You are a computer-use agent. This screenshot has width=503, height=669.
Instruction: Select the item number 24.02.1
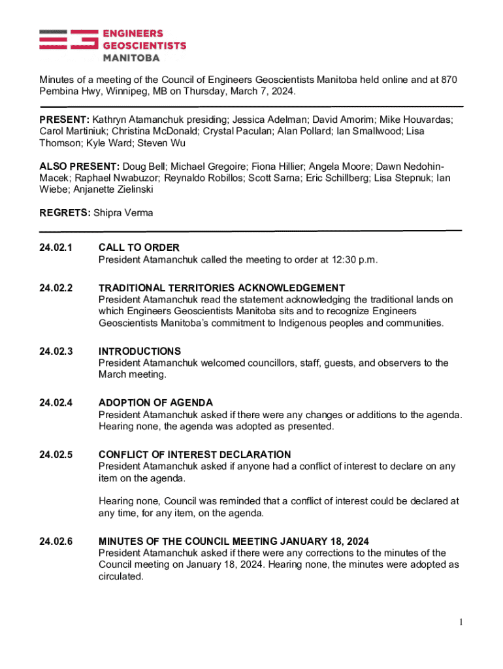coord(56,248)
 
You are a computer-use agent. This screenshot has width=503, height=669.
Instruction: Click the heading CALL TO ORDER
coord(138,248)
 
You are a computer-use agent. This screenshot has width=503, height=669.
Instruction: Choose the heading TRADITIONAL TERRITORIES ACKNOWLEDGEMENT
coord(221,288)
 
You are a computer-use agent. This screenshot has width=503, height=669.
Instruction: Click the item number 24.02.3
coord(56,351)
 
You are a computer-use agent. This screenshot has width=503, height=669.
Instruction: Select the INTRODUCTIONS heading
coord(140,351)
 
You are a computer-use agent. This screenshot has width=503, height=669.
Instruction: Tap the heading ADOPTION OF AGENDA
coord(155,403)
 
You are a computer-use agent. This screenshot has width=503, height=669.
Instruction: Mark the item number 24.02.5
coord(56,455)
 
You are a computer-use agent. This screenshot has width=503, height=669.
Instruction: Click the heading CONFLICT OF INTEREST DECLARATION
coord(195,455)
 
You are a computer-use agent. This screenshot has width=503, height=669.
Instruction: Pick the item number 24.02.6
coord(56,542)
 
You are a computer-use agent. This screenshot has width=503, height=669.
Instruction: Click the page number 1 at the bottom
coord(461,623)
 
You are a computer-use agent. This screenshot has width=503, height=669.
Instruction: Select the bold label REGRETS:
coord(65,213)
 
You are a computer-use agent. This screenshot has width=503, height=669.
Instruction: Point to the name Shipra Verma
coord(123,213)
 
